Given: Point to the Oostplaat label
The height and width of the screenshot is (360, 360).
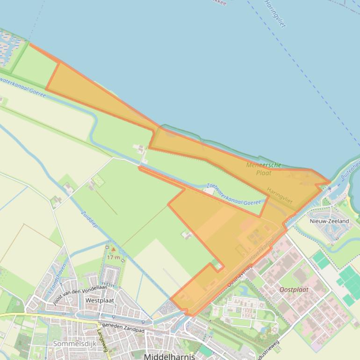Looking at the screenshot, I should [x=294, y=289].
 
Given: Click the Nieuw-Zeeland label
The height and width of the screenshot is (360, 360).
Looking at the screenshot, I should [x=329, y=221].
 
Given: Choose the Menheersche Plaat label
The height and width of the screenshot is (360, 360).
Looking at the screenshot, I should [x=264, y=169].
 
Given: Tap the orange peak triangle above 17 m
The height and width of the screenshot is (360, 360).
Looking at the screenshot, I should [x=113, y=249].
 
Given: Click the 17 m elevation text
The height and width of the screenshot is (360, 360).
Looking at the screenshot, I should [x=113, y=257].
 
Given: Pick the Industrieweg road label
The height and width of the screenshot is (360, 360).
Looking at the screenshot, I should [x=265, y=350].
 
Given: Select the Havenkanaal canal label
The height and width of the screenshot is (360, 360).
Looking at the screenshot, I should [x=262, y=251].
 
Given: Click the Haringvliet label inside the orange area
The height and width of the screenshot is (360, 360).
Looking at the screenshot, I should [x=280, y=195].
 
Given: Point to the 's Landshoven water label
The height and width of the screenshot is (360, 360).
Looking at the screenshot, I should [x=57, y=280].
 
